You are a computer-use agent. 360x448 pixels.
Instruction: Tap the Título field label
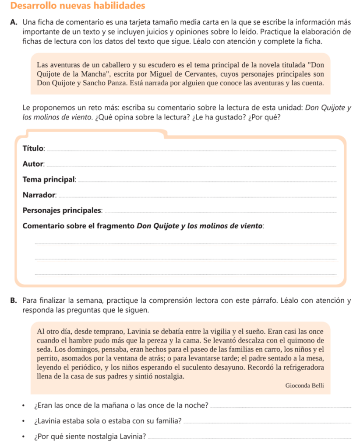point(33,148)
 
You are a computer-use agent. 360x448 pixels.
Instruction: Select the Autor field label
point(33,164)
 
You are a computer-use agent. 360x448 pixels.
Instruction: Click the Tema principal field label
point(49,179)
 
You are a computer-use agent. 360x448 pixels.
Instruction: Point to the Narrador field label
point(39,195)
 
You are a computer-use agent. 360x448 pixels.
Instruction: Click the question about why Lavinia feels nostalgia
point(90,437)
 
